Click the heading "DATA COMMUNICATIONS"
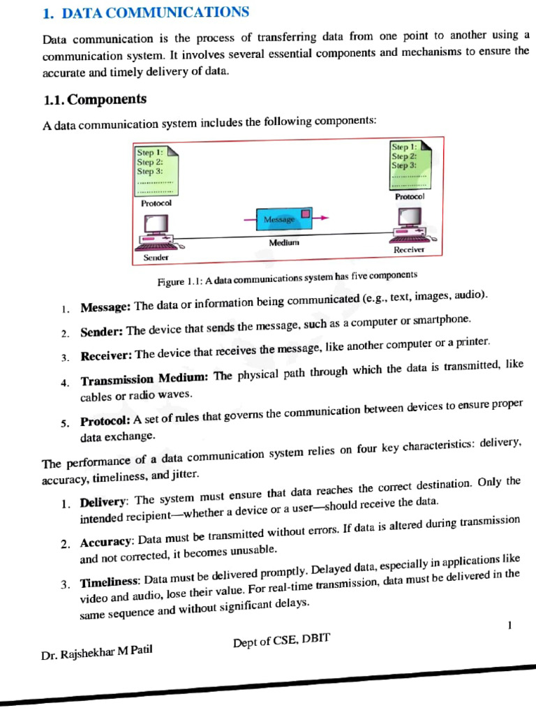click(x=155, y=13)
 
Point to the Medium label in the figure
click(x=284, y=242)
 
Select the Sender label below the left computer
click(x=156, y=258)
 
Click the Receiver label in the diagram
click(x=408, y=249)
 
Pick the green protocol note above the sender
click(x=157, y=170)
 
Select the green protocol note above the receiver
click(x=410, y=164)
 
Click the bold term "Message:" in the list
click(x=105, y=307)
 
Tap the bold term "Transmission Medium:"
click(x=144, y=380)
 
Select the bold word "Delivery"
click(x=104, y=501)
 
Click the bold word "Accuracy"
click(x=107, y=542)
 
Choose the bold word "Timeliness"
click(x=110, y=582)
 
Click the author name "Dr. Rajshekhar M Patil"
click(x=97, y=653)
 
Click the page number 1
click(x=510, y=625)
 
